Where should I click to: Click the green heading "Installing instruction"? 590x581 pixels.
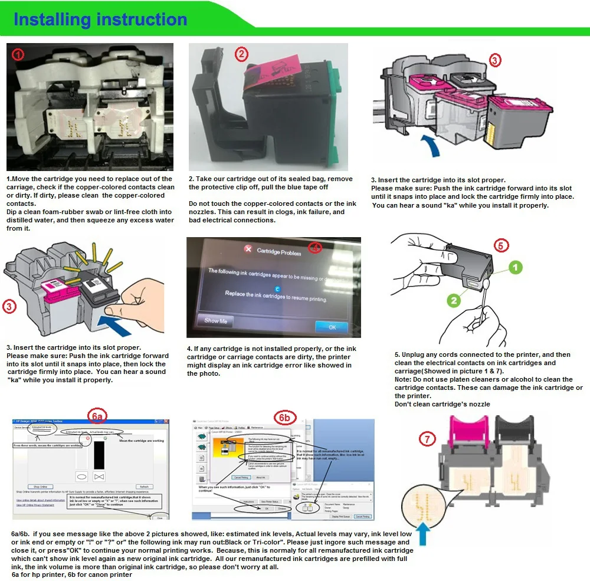pos(100,19)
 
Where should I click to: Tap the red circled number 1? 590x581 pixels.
pos(18,55)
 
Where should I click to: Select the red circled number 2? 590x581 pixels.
pos(241,54)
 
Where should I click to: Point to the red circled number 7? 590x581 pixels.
pos(427,439)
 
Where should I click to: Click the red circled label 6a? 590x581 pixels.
pos(98,416)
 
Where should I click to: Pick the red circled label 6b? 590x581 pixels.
pos(285,418)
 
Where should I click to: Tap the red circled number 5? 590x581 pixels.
pos(501,245)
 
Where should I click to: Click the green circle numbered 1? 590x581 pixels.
pos(516,268)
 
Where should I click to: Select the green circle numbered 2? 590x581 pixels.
pos(453,300)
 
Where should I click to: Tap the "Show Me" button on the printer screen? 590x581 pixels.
pos(215,321)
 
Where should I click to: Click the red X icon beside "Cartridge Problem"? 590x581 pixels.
pos(248,250)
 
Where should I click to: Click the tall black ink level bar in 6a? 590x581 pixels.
pos(99,456)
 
